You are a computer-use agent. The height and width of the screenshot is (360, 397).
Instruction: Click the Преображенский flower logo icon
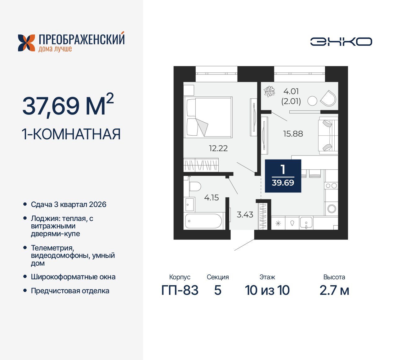[x=26, y=43]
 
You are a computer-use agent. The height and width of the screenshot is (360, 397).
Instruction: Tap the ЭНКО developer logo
[x=341, y=42]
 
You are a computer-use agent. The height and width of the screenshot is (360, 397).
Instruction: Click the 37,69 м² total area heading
[x=68, y=106]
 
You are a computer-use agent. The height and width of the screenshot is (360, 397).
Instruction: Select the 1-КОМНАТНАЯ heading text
[x=71, y=134]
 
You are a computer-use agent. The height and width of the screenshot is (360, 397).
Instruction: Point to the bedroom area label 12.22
[x=218, y=148]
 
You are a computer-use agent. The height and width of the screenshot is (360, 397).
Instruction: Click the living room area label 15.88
[x=293, y=134]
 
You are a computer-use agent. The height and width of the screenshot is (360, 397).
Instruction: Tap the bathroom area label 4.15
[x=211, y=198]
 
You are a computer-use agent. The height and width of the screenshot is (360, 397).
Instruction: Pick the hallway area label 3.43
[x=245, y=215]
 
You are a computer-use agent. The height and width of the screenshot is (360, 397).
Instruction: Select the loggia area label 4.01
[x=291, y=92]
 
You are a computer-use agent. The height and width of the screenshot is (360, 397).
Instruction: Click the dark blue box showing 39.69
[x=283, y=176]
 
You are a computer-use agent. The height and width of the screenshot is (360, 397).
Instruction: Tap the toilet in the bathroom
[x=195, y=187]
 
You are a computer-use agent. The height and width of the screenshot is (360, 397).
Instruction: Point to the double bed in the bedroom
[x=208, y=117]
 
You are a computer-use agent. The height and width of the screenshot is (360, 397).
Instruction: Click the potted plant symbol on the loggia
[x=269, y=92]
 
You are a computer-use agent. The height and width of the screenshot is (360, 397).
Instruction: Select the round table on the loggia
[x=312, y=101]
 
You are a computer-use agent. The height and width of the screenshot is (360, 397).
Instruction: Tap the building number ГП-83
[x=180, y=290]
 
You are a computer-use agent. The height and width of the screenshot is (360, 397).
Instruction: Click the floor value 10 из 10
[x=267, y=290]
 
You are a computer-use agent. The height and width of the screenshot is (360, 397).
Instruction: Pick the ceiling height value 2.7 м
[x=334, y=290]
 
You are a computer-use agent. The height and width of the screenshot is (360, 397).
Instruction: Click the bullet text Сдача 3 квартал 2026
[x=69, y=205]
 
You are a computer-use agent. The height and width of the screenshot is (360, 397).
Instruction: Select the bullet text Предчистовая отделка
[x=70, y=291]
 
